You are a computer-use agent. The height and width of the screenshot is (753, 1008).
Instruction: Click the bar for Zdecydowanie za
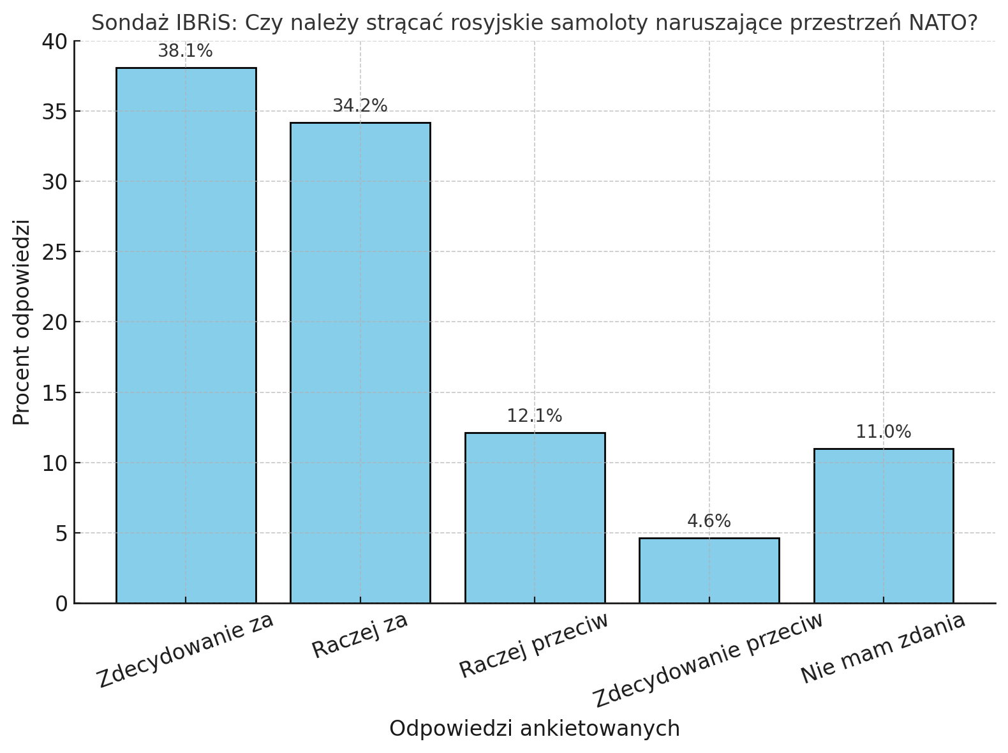click(x=186, y=335)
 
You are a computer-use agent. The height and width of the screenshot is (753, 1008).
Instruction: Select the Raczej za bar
click(x=360, y=362)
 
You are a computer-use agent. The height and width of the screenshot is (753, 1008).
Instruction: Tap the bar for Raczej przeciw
click(x=535, y=518)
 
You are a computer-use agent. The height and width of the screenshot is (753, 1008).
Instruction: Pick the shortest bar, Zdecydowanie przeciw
click(x=709, y=570)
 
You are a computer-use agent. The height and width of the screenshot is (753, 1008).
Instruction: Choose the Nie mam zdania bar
click(x=884, y=526)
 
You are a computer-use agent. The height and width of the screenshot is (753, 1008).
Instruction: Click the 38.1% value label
click(x=185, y=52)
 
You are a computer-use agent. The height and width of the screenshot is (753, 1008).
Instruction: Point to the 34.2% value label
click(x=360, y=106)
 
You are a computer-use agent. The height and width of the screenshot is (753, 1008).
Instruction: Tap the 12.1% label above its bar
click(x=535, y=416)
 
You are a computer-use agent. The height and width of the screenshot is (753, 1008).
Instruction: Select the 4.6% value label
click(x=709, y=521)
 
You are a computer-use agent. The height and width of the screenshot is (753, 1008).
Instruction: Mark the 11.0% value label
click(x=884, y=432)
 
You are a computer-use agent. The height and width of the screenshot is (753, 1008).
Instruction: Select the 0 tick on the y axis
click(x=61, y=604)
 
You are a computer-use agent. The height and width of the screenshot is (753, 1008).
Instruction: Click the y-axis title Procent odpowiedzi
click(x=22, y=322)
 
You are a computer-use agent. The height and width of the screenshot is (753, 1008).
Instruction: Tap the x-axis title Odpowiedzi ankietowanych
click(x=535, y=729)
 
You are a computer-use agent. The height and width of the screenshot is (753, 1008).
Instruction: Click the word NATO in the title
click(x=936, y=23)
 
